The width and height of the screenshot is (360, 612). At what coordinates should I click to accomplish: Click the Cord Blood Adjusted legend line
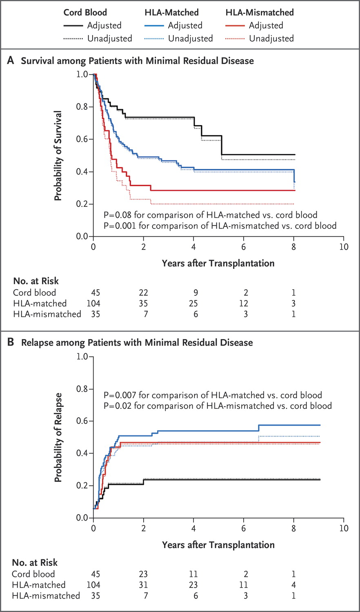coord(73,26)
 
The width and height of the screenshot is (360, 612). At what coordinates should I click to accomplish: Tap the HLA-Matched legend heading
coord(171,12)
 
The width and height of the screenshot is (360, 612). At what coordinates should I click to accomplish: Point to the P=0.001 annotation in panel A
coord(220,226)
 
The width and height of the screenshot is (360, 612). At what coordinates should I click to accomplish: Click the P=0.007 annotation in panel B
coord(213,395)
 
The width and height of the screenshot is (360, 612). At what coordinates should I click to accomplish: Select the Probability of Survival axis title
coord(58,155)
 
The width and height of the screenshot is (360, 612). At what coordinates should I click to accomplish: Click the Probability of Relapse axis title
coord(58,437)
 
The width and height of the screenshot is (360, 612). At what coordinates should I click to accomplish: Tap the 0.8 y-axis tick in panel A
coord(82,107)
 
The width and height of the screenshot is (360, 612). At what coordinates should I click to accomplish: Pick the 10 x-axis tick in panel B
coord(344,528)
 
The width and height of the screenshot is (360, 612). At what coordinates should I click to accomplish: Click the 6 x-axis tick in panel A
coord(244,247)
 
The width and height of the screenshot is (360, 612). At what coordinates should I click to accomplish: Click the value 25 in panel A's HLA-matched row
coord(193,303)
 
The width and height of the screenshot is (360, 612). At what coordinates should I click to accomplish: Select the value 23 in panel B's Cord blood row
coord(143,574)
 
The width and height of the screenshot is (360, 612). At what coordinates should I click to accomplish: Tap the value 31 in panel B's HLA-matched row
coord(143,585)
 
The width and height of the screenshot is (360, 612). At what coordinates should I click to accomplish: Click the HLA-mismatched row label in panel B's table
coord(46,596)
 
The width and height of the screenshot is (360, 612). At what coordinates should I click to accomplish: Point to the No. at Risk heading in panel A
coord(36,281)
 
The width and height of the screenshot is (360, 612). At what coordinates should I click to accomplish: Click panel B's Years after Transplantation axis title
coord(218,545)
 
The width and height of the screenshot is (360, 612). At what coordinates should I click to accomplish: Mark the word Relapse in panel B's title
coord(37,342)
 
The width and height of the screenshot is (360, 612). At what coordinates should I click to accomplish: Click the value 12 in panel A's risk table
coord(244,303)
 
